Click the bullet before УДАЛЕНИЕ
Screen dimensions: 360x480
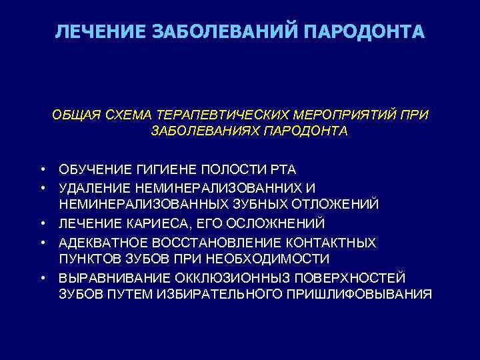[41, 186]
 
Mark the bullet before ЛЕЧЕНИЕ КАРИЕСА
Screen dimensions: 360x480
[41, 222]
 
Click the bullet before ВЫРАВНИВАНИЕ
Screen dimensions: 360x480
[41, 276]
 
